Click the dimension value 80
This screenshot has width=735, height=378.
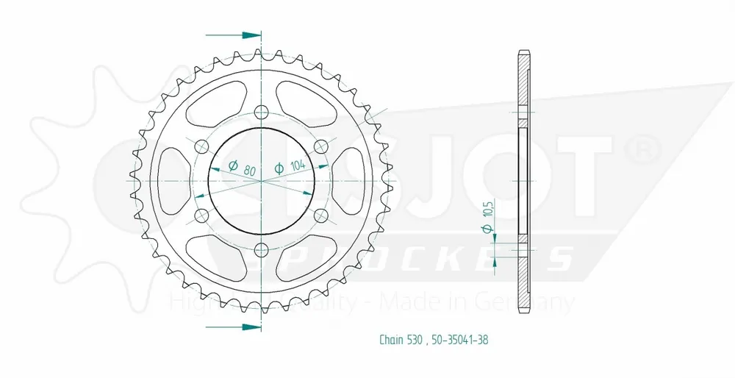tap(250, 170)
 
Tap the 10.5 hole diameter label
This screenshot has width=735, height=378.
tap(488, 218)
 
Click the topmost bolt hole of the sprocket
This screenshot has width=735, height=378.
tap(259, 112)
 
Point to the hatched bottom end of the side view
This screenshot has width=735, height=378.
tap(523, 287)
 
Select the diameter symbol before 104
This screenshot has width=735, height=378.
tap(279, 168)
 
